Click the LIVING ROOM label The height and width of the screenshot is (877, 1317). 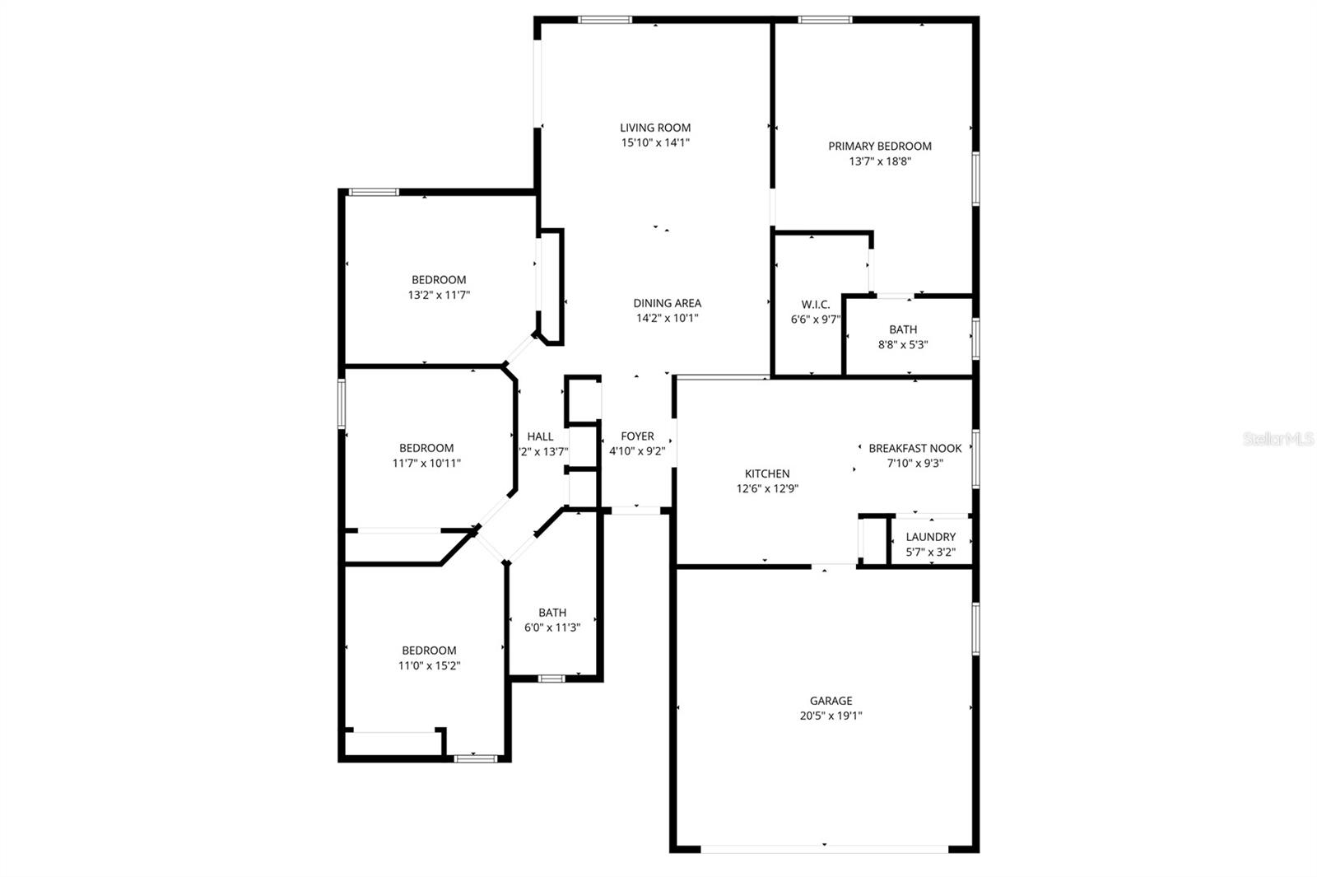pyautogui.click(x=655, y=128)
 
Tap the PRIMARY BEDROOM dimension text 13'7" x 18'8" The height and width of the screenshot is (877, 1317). pyautogui.click(x=880, y=161)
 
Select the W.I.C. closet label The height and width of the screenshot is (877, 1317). pyautogui.click(x=815, y=305)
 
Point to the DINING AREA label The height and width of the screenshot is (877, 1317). pyautogui.click(x=667, y=303)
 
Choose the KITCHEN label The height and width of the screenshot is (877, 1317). pyautogui.click(x=767, y=473)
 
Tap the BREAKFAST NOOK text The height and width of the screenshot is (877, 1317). pyautogui.click(x=914, y=448)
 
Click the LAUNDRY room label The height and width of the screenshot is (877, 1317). pyautogui.click(x=930, y=537)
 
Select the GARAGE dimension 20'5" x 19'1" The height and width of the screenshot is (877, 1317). pyautogui.click(x=831, y=716)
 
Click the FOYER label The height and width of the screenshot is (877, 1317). pyautogui.click(x=637, y=436)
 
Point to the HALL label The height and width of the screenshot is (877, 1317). pyautogui.click(x=540, y=436)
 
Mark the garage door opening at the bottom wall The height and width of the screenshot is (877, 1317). pyautogui.click(x=824, y=848)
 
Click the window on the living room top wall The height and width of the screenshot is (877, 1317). pyautogui.click(x=604, y=19)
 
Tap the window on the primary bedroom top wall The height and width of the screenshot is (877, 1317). pyautogui.click(x=825, y=19)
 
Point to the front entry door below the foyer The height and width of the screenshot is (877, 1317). pyautogui.click(x=635, y=511)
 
